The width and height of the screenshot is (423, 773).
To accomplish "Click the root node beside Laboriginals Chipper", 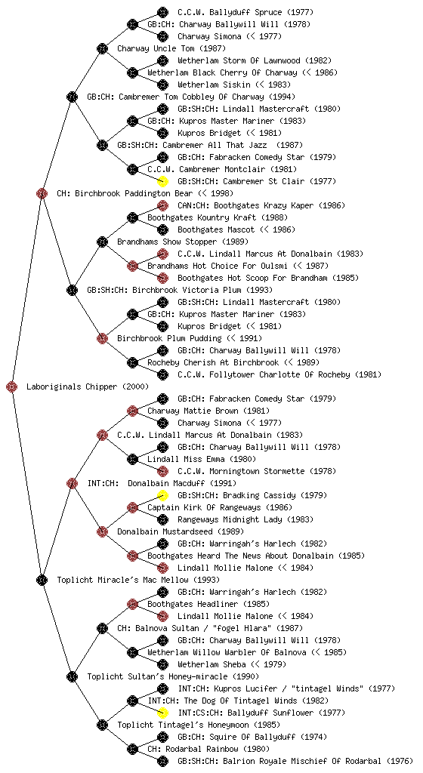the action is tap(12, 387).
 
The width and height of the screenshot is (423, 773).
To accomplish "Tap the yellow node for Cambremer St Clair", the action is tap(162, 181).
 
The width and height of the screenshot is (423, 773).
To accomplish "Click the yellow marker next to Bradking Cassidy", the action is tap(162, 495).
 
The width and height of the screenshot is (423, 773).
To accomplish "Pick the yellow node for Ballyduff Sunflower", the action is tap(162, 713).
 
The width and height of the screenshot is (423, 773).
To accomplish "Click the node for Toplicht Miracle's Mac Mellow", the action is tap(42, 581).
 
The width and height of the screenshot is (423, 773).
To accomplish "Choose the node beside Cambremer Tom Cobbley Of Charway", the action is tap(72, 97).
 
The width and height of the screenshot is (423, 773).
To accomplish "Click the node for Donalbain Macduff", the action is tap(72, 484).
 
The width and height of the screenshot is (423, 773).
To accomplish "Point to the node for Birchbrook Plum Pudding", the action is tap(102, 339).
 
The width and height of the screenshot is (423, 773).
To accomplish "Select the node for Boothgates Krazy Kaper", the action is tap(162, 205).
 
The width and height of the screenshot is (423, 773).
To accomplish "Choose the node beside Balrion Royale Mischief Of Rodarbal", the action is tap(162, 761).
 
